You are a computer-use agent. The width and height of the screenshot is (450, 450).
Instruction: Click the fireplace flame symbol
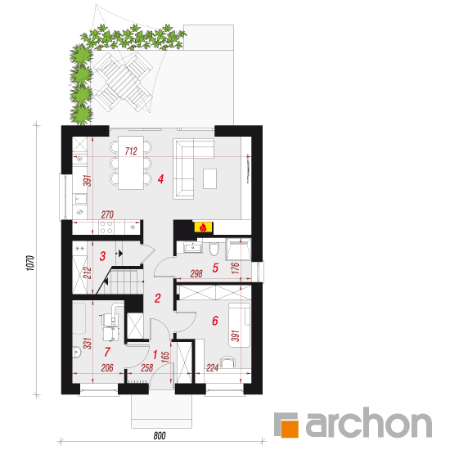tap(203, 227)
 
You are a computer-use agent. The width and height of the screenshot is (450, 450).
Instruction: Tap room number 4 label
tap(160, 179)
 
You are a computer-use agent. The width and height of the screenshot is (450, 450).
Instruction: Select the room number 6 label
tap(215, 321)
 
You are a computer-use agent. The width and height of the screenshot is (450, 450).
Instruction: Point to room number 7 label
tap(107, 352)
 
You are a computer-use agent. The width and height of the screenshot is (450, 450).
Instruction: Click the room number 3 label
tap(102, 256)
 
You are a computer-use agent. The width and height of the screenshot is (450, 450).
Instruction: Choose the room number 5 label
tap(215, 268)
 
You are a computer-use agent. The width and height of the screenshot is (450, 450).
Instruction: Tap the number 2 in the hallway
tap(158, 299)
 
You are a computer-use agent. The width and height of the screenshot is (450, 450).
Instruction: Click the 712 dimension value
tap(131, 151)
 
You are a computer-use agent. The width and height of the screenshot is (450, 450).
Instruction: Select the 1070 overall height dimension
tap(30, 263)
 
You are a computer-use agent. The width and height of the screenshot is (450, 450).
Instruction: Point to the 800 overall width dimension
tap(160, 435)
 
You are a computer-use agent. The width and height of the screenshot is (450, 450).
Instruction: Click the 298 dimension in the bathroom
tap(196, 274)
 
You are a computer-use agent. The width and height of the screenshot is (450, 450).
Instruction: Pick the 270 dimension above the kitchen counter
tap(107, 214)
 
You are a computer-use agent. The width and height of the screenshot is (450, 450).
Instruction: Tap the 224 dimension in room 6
tap(213, 368)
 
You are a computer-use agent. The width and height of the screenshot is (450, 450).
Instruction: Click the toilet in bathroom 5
tap(214, 249)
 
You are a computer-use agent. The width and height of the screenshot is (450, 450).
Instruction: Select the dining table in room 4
tap(131, 163)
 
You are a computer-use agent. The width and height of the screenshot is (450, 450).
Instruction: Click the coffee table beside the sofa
tap(209, 179)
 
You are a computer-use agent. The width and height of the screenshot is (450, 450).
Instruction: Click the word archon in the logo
tap(369, 422)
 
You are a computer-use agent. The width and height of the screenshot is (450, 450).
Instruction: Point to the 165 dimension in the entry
tap(165, 357)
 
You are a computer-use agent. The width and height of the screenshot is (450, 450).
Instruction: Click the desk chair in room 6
tap(228, 362)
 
